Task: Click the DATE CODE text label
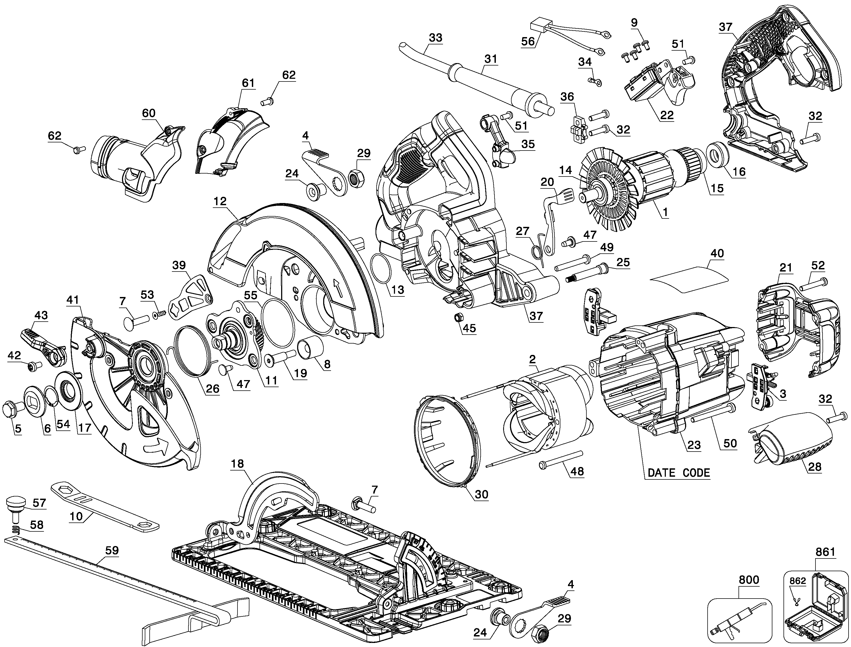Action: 679,473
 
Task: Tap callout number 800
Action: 749,580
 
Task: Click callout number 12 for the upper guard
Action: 221,201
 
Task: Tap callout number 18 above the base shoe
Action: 237,464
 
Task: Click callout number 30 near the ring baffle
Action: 481,494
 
